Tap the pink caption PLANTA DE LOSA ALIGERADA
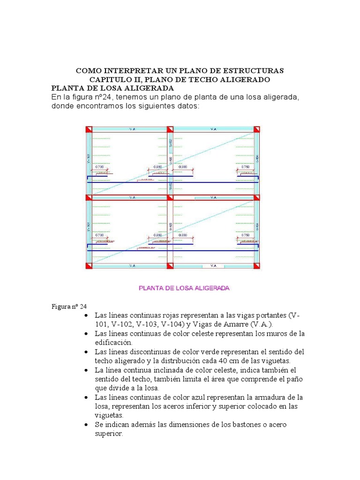(x=184, y=288)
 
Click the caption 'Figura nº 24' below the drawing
(x=69, y=307)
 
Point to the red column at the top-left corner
(x=88, y=129)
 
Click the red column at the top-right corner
(x=256, y=129)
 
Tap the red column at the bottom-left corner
(x=88, y=266)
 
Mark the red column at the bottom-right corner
(x=256, y=266)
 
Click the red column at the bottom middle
(x=170, y=266)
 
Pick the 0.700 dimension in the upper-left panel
(x=99, y=167)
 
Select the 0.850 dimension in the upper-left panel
(x=158, y=167)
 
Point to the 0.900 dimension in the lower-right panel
(x=183, y=235)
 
